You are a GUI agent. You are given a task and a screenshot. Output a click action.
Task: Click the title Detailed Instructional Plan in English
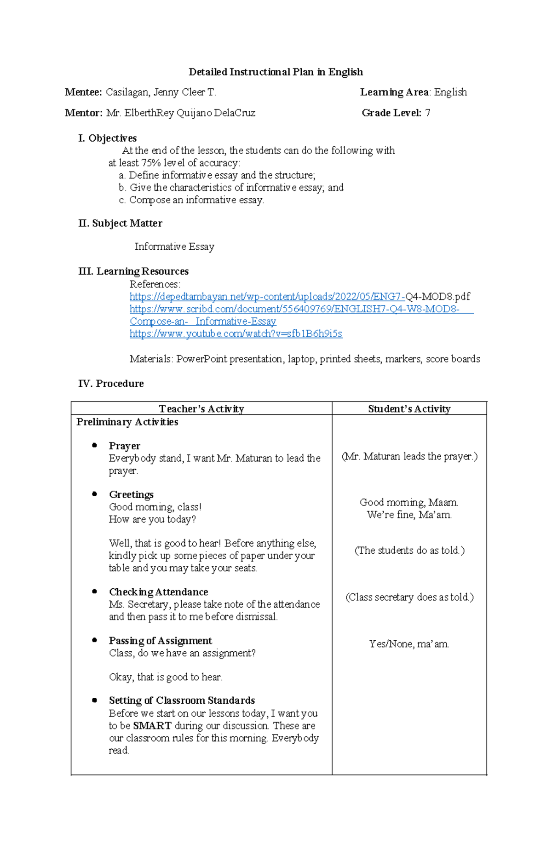coord(276,72)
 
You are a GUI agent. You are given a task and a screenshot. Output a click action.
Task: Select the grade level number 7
coord(428,113)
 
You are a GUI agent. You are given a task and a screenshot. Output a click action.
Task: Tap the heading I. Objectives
coord(108,138)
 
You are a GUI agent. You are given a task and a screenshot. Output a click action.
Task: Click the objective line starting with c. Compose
coord(191,200)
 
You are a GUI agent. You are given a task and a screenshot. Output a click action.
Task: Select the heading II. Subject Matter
coord(121,224)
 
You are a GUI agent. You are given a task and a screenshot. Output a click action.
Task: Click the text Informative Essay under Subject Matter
coord(174,247)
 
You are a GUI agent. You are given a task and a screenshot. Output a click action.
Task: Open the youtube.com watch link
coord(236,334)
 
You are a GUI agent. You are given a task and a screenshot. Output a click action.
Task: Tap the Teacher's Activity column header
coord(201,409)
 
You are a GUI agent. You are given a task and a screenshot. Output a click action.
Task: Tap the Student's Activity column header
coord(409,409)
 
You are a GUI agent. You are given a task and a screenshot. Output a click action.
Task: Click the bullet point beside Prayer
coord(94,445)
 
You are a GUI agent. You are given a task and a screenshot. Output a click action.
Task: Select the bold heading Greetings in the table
coord(131,495)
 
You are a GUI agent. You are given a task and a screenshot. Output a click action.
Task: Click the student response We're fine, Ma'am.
coord(409,515)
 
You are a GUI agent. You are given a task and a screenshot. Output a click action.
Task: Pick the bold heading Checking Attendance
coord(158,592)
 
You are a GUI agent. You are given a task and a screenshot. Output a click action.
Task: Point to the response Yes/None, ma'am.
coord(409,644)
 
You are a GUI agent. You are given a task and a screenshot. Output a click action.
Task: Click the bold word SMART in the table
coord(152,726)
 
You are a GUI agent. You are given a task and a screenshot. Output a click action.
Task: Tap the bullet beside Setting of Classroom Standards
coord(94,700)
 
